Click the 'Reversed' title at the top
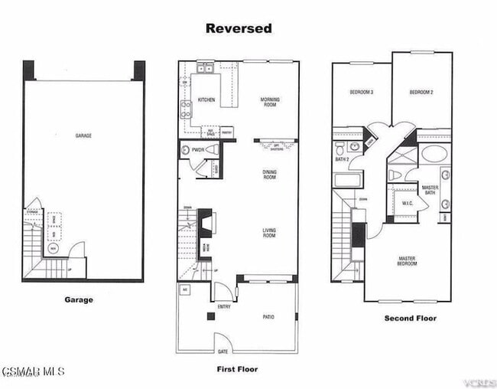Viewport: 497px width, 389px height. pos(238,28)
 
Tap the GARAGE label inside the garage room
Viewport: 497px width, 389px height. pos(83,136)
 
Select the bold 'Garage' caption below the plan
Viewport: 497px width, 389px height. pos(78,299)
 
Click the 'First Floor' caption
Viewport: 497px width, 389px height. pos(238,369)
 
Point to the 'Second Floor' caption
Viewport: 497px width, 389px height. pos(411,318)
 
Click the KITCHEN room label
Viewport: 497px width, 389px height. pos(206,100)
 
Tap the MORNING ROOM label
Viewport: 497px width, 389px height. pos(270,103)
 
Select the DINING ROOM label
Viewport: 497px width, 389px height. pos(270,175)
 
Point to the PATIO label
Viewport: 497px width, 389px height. pos(268,317)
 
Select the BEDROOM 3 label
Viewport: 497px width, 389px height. pos(361,92)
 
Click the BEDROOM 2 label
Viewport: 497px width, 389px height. pos(421,92)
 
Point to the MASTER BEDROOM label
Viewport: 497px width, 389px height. pos(407,262)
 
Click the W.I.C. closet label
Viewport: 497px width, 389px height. pos(407,203)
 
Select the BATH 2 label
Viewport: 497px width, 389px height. pos(342,159)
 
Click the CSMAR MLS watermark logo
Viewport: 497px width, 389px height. pos(33,371)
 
